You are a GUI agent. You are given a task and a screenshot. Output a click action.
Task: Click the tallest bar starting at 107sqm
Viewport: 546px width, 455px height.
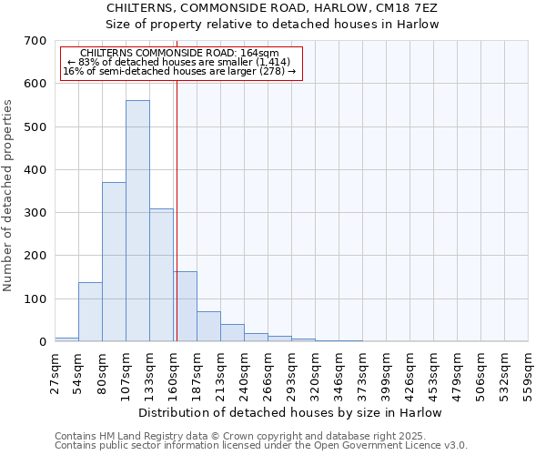(x=137, y=221)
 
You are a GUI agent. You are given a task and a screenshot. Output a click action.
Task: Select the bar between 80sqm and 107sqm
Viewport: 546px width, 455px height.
(x=114, y=262)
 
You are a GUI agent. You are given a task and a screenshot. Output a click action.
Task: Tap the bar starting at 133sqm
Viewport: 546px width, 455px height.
(x=161, y=275)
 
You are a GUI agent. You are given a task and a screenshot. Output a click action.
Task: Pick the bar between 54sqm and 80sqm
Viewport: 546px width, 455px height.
(x=90, y=312)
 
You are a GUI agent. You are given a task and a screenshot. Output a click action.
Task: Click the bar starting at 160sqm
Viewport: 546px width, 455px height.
(x=186, y=307)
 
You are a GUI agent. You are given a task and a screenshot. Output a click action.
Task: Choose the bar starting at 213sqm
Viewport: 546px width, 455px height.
(x=232, y=333)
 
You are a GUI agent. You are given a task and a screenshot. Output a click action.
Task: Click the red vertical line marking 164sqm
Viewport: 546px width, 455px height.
(x=177, y=209)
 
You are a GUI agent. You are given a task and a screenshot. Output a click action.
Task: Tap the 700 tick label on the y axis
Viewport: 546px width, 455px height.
(x=35, y=41)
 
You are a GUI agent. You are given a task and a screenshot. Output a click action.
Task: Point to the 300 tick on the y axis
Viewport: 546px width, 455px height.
(x=35, y=213)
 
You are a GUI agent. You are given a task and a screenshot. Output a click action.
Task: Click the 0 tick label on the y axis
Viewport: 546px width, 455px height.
(x=42, y=342)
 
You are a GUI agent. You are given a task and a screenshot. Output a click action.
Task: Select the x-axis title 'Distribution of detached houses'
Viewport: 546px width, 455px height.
(x=291, y=412)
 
